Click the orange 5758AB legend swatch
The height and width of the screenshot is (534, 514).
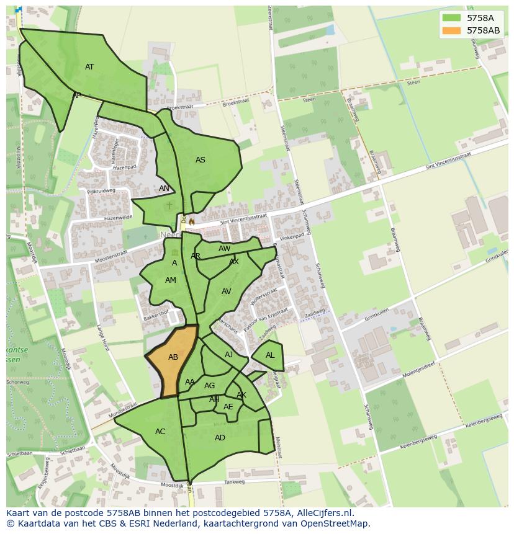[452, 30]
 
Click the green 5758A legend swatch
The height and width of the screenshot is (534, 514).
[452, 17]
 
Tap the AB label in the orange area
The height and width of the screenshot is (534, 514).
[173, 357]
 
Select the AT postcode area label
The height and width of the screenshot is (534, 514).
[89, 67]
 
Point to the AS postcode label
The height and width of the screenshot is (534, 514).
[201, 160]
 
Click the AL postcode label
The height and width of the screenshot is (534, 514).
[270, 355]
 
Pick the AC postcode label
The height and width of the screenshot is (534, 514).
[160, 432]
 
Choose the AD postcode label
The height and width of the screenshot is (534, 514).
[220, 438]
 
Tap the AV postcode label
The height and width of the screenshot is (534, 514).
[227, 291]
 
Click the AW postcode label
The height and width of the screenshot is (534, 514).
[224, 249]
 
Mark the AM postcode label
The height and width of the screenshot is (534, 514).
[171, 280]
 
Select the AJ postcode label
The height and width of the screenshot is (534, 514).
[229, 355]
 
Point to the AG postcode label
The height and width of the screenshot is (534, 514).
[210, 386]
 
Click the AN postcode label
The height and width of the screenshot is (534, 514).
[164, 189]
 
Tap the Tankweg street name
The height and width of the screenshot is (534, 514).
[235, 482]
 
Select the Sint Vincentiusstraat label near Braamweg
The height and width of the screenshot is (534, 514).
[448, 159]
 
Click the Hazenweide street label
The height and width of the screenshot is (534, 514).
[118, 218]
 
